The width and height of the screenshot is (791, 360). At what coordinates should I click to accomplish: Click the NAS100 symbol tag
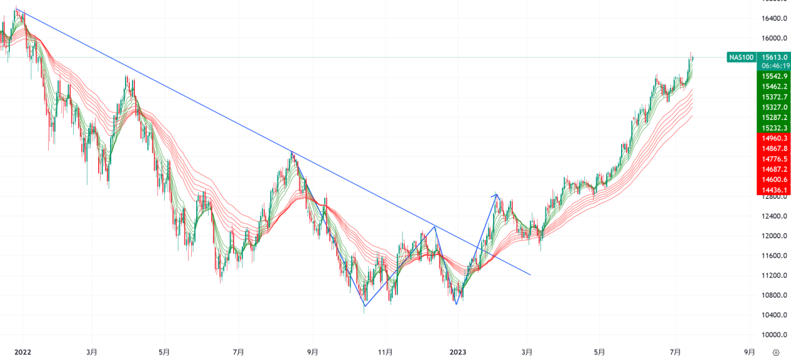tap(742, 57)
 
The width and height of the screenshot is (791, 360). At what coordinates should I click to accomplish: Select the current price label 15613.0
tap(774, 56)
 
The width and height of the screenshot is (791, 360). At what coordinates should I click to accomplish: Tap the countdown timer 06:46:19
tap(774, 66)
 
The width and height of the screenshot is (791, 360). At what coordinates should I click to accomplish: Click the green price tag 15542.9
tap(774, 76)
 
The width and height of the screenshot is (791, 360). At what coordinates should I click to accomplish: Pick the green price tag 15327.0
tap(774, 107)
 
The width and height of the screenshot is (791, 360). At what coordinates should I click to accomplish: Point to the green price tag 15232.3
tap(774, 128)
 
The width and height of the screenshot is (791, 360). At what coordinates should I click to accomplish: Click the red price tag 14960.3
tap(774, 138)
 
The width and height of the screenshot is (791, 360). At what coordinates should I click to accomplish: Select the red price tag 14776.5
tap(774, 159)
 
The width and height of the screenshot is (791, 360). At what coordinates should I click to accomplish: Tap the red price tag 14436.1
tap(774, 190)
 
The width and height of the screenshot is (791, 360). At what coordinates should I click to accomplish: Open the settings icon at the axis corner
tap(776, 352)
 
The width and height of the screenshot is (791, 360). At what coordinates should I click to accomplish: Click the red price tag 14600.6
tap(774, 180)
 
